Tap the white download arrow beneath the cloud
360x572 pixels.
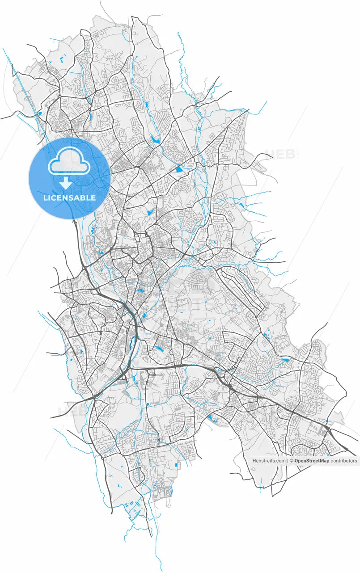coord(66,183)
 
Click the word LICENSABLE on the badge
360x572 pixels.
coord(69,198)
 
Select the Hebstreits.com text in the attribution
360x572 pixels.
coord(269,461)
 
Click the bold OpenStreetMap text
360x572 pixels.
coord(312,461)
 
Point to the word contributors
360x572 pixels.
coord(344,461)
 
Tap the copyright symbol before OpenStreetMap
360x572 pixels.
coord(291,461)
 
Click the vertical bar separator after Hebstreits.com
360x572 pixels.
coord(287,461)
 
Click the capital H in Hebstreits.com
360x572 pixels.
coord(254,461)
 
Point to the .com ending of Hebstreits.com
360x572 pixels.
coord(280,461)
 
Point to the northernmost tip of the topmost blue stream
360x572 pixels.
coord(178,33)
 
